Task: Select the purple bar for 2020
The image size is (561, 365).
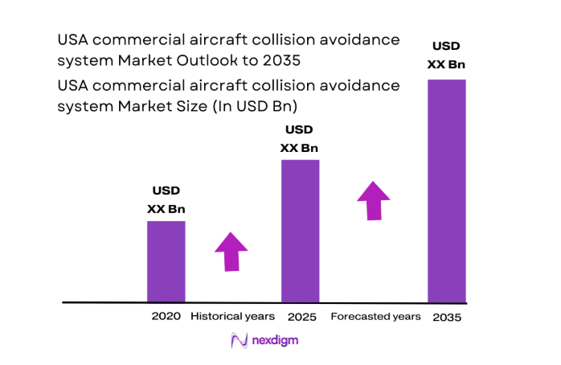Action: point(166,261)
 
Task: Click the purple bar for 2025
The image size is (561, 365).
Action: point(300,231)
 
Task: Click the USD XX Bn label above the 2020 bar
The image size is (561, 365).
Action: point(166,199)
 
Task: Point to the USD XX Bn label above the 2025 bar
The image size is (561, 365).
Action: point(299,138)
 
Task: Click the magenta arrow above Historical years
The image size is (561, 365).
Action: point(231,252)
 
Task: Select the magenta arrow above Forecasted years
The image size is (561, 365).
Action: point(373,200)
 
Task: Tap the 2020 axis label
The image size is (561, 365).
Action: point(166,316)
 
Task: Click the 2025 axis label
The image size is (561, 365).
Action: point(300,316)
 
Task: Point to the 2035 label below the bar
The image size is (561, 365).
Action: point(447,317)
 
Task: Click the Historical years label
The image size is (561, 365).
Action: point(232,316)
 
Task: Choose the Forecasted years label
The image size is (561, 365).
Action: point(375,316)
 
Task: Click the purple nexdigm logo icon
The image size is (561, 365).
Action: point(239,341)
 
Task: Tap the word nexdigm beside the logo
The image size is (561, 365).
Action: point(276,341)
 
